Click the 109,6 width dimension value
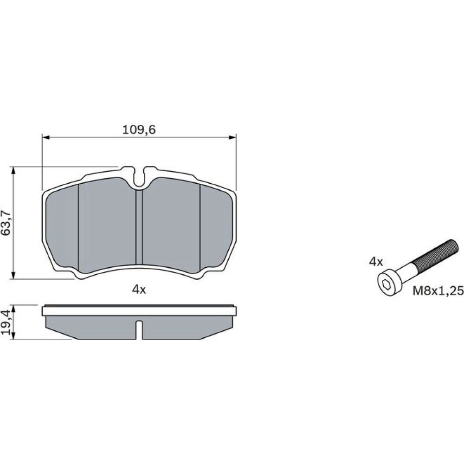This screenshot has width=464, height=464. pyautogui.click(x=139, y=129)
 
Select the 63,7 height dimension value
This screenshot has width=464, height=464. pyautogui.click(x=6, y=223)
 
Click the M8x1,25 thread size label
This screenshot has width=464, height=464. pyautogui.click(x=438, y=291)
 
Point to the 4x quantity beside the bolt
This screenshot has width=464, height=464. pyautogui.click(x=376, y=262)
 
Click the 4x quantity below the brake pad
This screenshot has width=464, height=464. pyautogui.click(x=139, y=290)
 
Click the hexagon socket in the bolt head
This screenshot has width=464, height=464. pyautogui.click(x=387, y=285)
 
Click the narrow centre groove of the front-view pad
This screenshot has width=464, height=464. pyautogui.click(x=139, y=227)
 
